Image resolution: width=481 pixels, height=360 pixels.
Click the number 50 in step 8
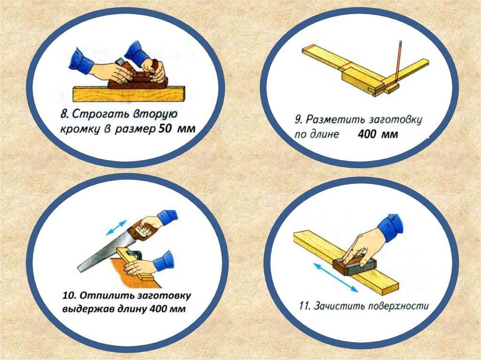point(165,129)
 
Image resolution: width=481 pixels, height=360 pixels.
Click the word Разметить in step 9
point(335,119)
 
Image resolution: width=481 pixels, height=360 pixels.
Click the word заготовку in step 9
point(395,120)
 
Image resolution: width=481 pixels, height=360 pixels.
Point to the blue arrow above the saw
point(116,227)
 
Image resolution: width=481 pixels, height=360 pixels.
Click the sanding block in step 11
point(354,265)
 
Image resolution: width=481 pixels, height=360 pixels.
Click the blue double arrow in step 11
point(335,278)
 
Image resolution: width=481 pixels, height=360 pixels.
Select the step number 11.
point(304,306)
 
